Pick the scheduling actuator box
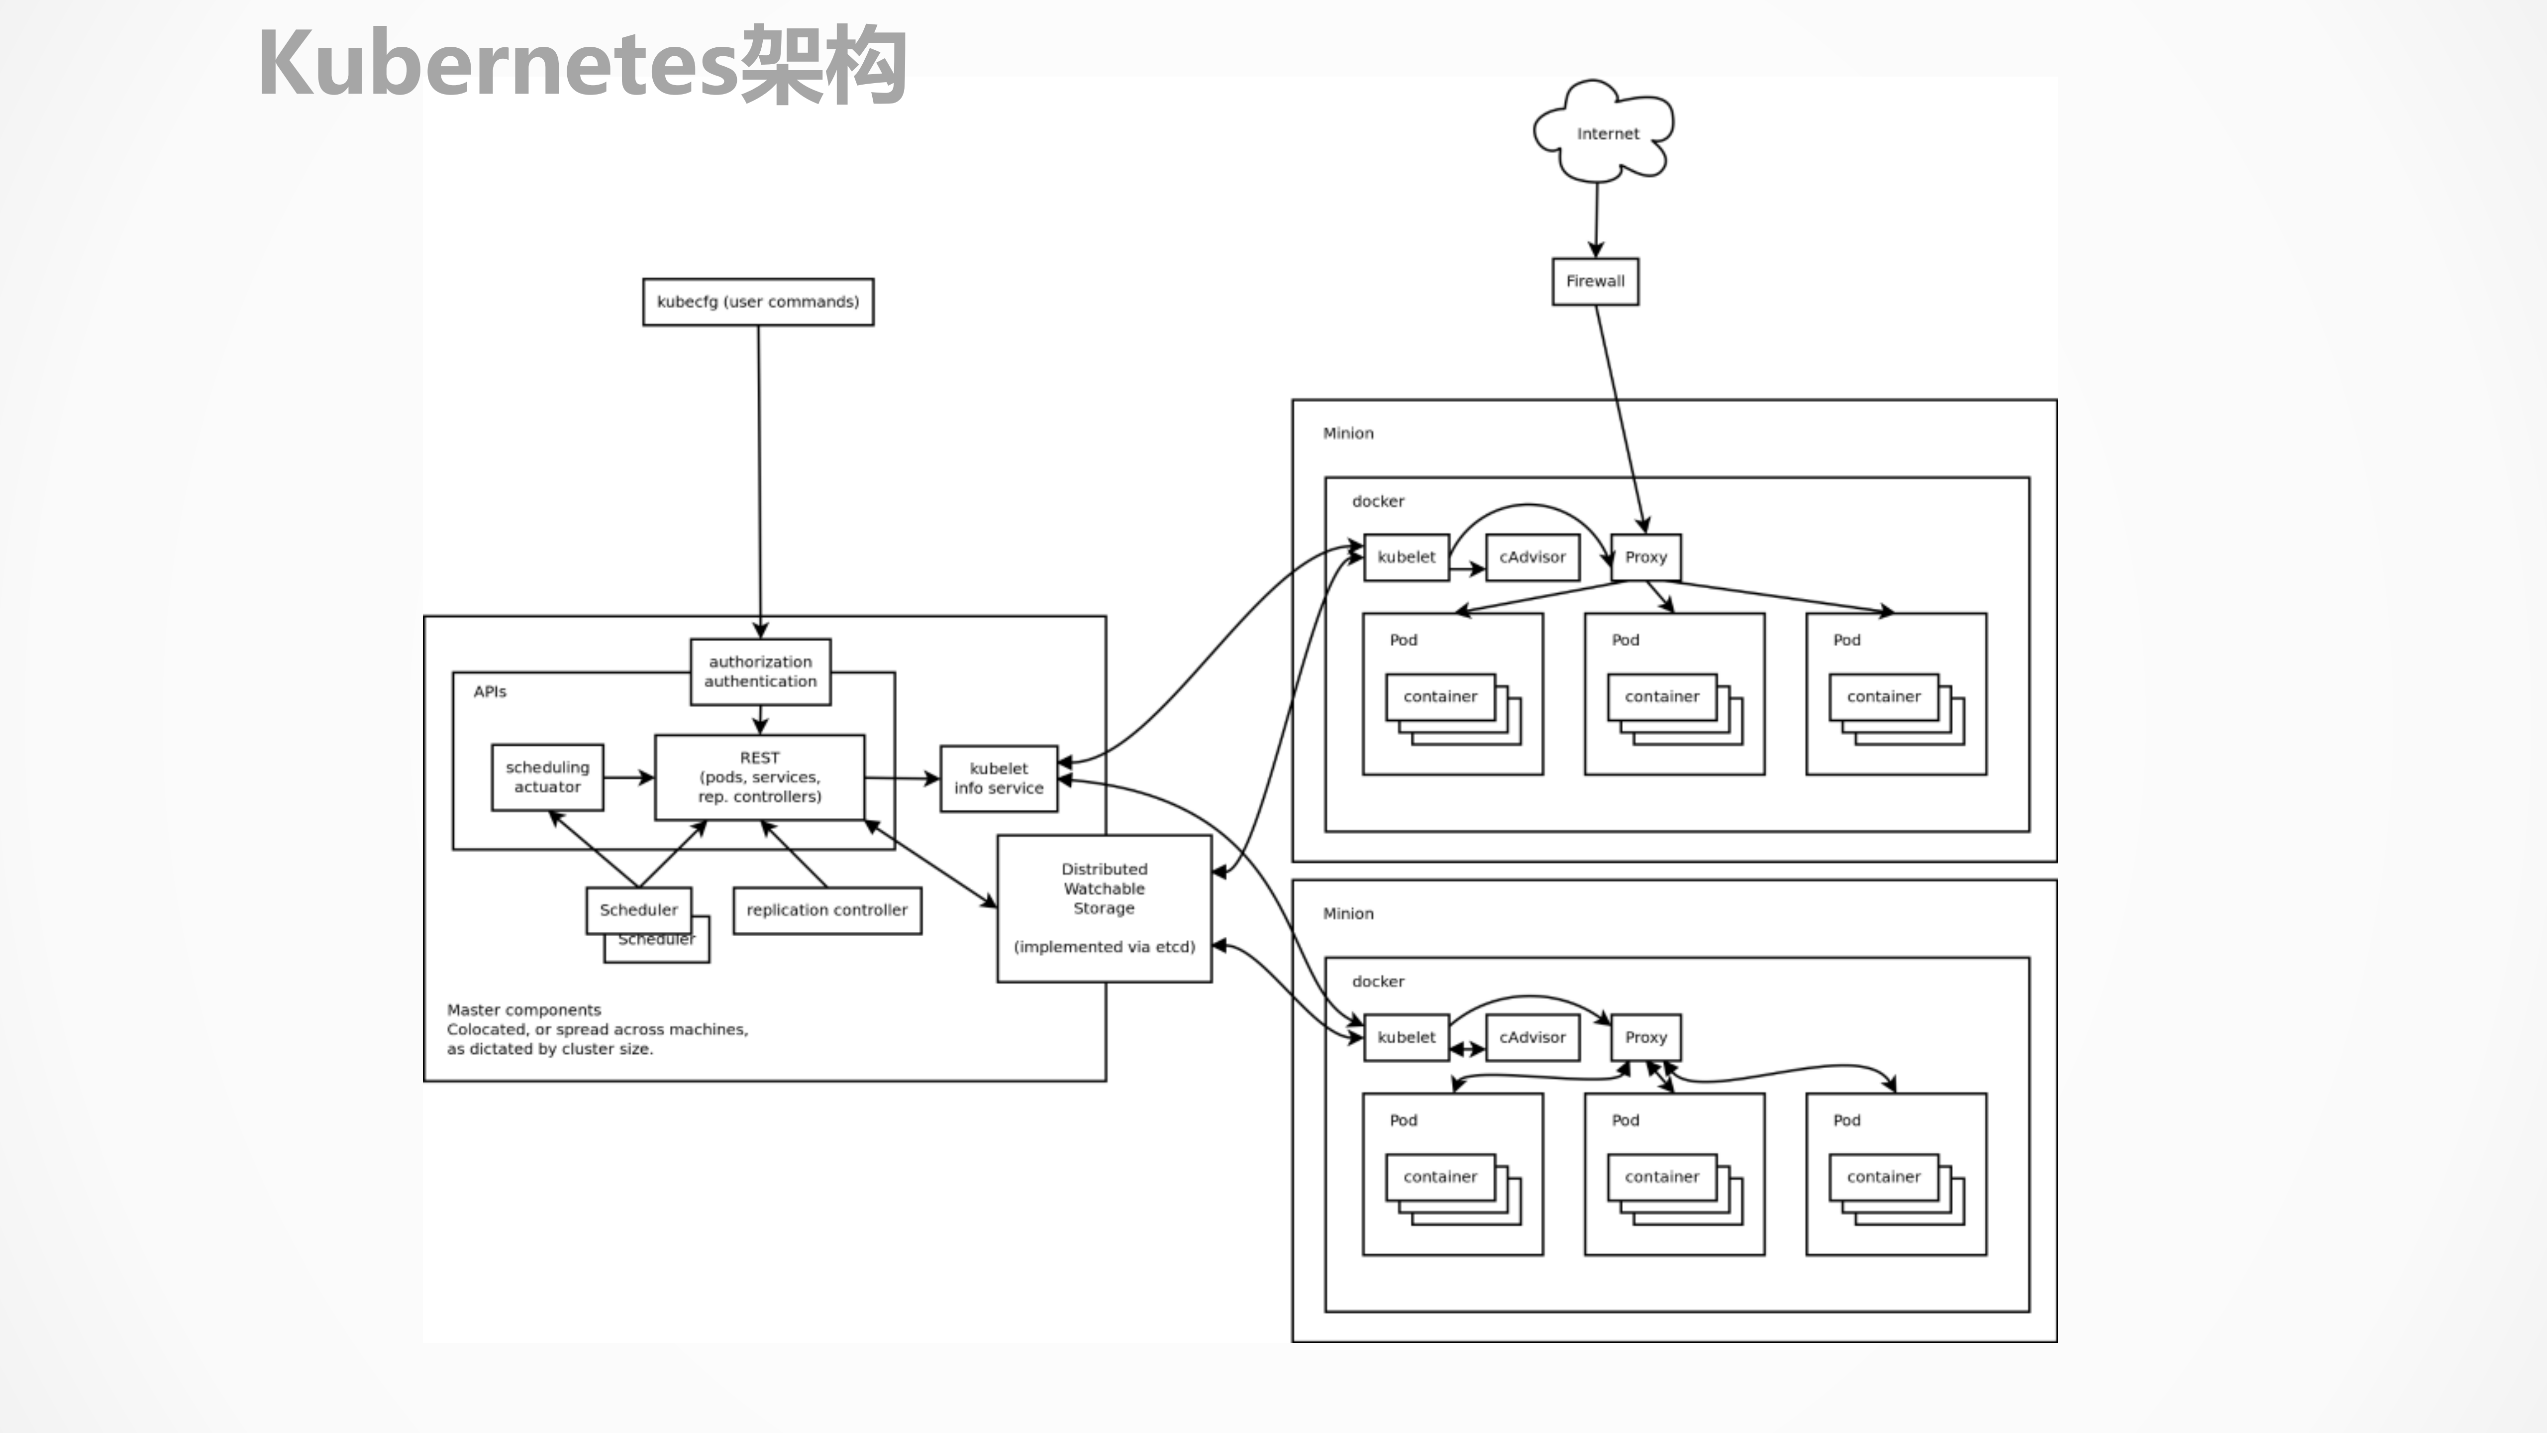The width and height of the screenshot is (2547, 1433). pyautogui.click(x=547, y=777)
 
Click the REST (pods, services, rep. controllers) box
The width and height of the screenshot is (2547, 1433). pyautogui.click(x=759, y=777)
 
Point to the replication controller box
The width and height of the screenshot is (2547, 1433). pyautogui.click(x=826, y=910)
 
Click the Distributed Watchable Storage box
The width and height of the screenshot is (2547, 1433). pyautogui.click(x=1104, y=908)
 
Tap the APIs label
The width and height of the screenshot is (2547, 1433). pyautogui.click(x=490, y=691)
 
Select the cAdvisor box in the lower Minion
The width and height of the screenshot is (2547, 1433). pyautogui.click(x=1531, y=1037)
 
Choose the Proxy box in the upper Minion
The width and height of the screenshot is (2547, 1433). pyautogui.click(x=1645, y=557)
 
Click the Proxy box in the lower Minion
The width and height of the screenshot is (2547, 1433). pyautogui.click(x=1645, y=1037)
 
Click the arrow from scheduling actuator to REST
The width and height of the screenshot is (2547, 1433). pyautogui.click(x=629, y=777)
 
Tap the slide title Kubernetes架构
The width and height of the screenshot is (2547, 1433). pyautogui.click(x=581, y=64)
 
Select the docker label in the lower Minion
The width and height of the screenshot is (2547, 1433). pyautogui.click(x=1377, y=981)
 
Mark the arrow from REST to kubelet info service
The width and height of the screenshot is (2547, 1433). pyautogui.click(x=902, y=778)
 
